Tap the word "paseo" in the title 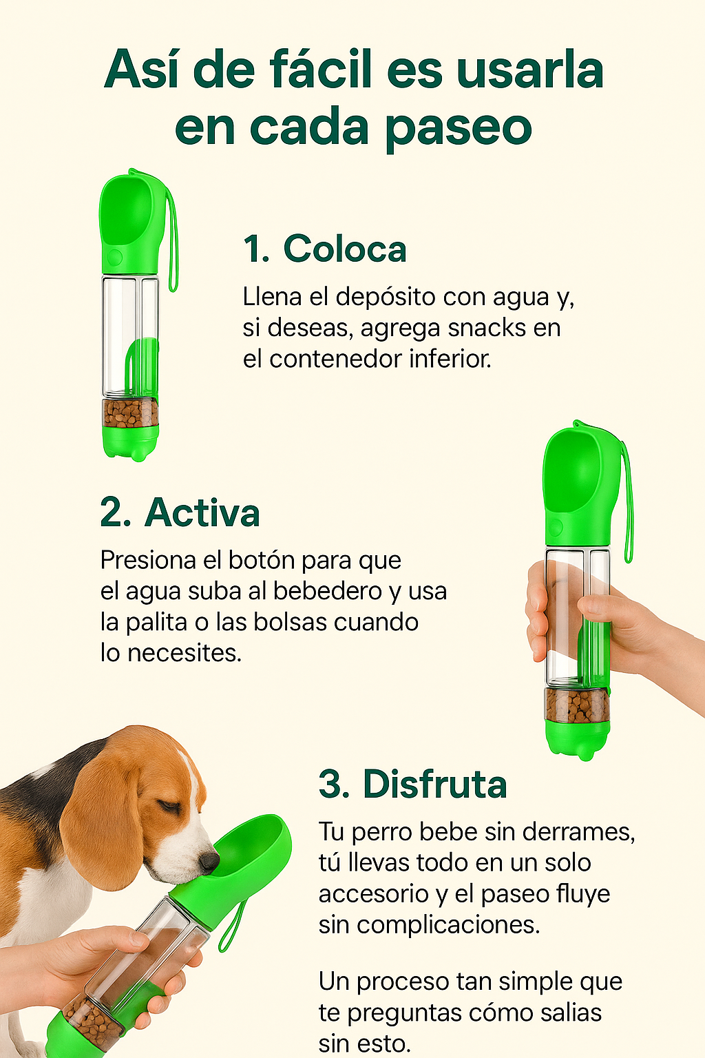coord(459,128)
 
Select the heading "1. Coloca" coord(325,249)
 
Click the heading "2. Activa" coord(180,512)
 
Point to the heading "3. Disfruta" coord(412,784)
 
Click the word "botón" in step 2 coord(261,560)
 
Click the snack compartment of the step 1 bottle coord(130,413)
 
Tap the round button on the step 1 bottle coord(115,258)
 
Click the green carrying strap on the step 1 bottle coord(172,241)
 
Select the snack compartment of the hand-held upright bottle coord(577,705)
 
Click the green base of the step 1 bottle coord(130,443)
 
